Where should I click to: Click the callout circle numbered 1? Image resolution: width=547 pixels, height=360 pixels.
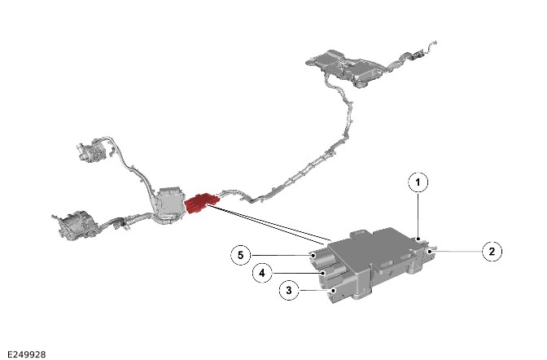pos(418,182)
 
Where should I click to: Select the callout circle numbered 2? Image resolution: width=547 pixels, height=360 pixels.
pos(492,252)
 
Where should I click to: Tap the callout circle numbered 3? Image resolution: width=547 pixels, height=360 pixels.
pos(289,290)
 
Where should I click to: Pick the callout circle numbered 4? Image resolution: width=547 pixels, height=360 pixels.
pos(262,273)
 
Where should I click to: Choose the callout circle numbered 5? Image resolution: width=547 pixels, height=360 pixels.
pos(241,255)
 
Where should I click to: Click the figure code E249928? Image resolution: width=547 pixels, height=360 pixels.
pos(27,354)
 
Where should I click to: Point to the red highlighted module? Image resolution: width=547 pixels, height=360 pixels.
pos(201,204)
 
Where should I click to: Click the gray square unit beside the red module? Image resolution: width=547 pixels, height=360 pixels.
pos(171,204)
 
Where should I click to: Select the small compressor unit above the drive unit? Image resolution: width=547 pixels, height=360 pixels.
pos(92,150)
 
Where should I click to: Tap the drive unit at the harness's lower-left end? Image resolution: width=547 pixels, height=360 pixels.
pos(75,226)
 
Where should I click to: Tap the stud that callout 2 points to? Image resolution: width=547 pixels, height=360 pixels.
pos(431,249)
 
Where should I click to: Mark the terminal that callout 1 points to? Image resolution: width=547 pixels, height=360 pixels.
pos(420,239)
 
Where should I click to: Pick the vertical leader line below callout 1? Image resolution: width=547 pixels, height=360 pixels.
pos(418,216)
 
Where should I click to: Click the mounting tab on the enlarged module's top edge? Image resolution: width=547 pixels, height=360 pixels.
pos(359,234)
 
